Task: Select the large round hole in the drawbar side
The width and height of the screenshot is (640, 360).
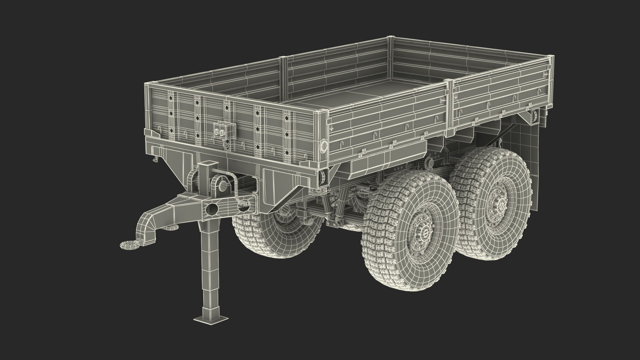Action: pyautogui.click(x=211, y=209)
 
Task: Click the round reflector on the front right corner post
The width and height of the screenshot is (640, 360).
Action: pyautogui.click(x=323, y=145)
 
